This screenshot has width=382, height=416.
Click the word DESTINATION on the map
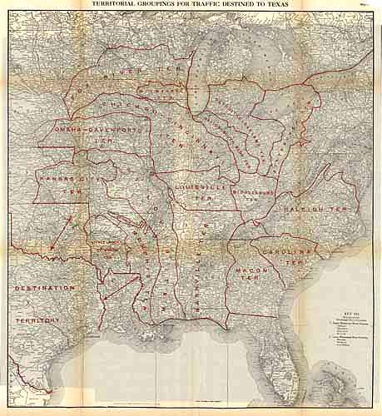(45, 288)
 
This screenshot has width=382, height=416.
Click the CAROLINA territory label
(289, 251)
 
